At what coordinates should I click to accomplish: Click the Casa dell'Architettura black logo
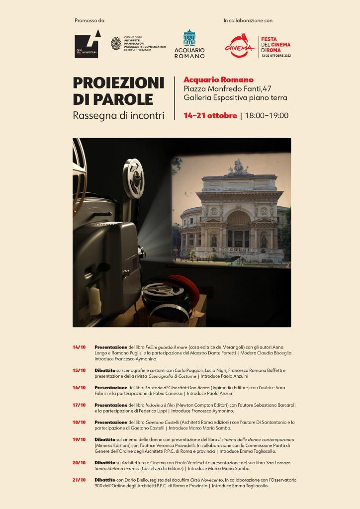[87, 45]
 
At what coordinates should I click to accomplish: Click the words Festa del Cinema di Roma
[276, 45]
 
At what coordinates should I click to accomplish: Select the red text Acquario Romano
[218, 80]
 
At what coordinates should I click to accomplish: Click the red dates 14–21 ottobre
[210, 116]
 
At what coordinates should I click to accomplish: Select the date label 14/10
[79, 346]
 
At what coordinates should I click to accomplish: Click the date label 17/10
[79, 405]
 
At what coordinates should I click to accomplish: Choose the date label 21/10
[79, 480]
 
